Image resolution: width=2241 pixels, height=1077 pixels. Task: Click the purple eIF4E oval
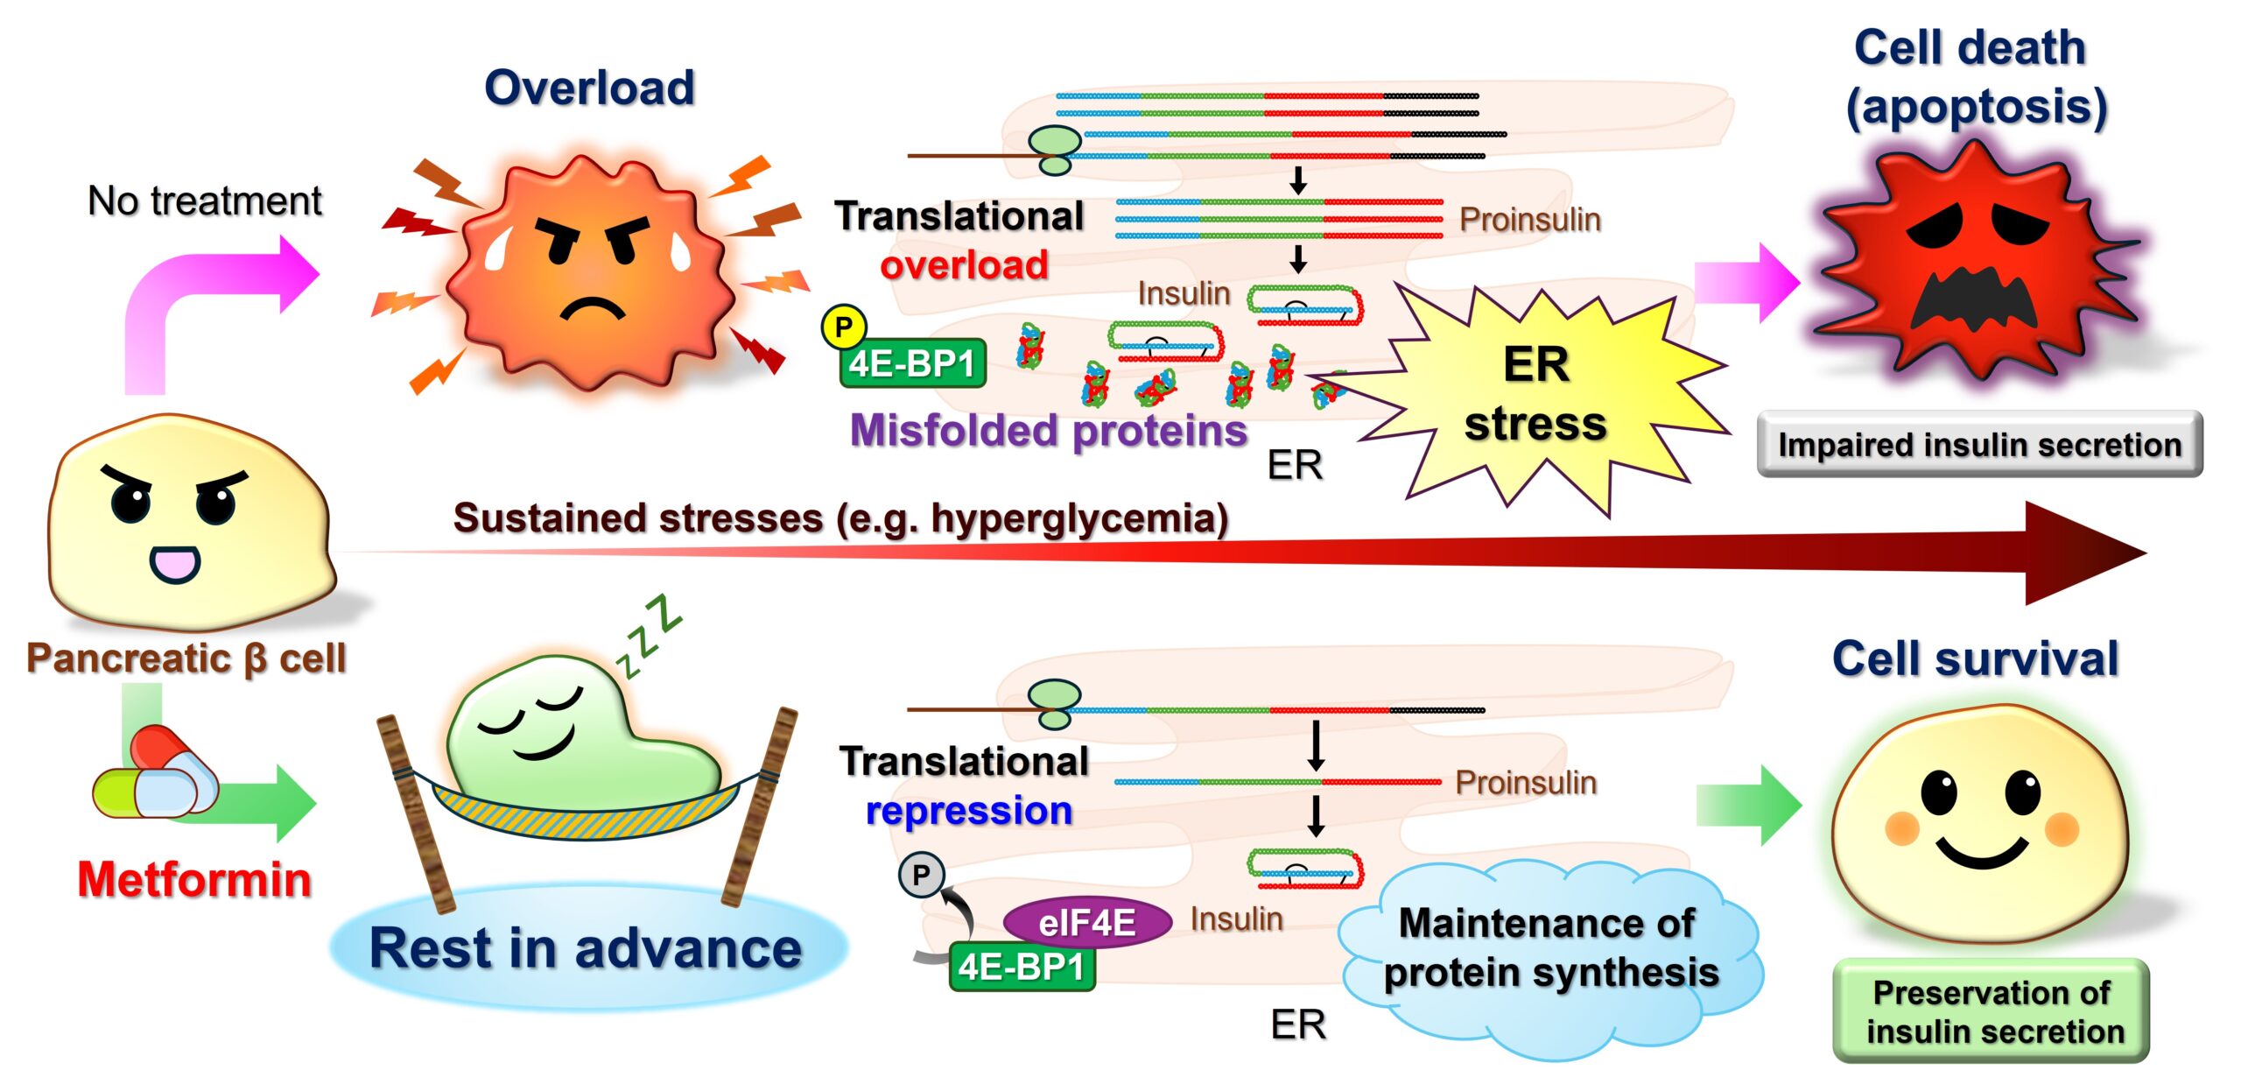click(1086, 922)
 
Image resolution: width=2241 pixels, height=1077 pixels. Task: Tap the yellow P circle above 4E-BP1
click(843, 327)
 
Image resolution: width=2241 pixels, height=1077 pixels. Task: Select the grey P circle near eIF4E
click(921, 874)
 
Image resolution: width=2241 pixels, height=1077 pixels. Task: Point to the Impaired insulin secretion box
click(1979, 445)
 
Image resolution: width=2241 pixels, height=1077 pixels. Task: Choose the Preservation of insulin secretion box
click(1992, 1011)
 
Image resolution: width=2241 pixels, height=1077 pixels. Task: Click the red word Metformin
click(194, 879)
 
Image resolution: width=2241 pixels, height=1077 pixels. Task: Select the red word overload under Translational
click(964, 264)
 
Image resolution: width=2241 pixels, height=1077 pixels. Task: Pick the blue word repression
click(968, 811)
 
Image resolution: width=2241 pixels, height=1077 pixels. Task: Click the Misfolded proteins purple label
click(1048, 430)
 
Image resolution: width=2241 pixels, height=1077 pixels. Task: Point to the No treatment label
click(205, 201)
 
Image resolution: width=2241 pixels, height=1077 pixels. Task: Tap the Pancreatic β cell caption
click(186, 658)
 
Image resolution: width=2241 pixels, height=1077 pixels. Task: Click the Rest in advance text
click(585, 948)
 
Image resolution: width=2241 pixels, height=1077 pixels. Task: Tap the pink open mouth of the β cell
click(175, 564)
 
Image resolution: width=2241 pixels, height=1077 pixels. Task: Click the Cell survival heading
click(1975, 658)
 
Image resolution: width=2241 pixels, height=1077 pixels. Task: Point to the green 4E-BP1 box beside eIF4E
click(1022, 968)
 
